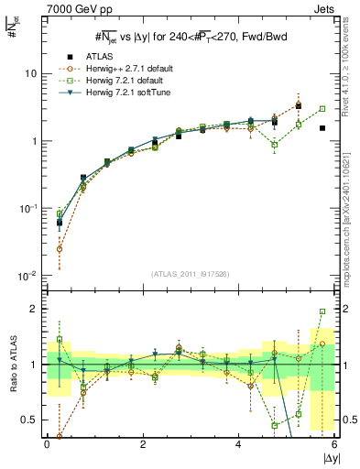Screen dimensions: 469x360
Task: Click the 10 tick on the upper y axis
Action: coord(32,73)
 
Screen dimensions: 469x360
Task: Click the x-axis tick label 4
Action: coord(239,442)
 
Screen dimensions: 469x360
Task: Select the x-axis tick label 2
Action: coord(143,442)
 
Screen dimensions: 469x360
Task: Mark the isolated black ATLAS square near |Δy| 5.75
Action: coord(322,128)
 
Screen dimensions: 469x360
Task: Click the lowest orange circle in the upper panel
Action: coord(60,248)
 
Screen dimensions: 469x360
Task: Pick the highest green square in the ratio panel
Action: coord(322,311)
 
